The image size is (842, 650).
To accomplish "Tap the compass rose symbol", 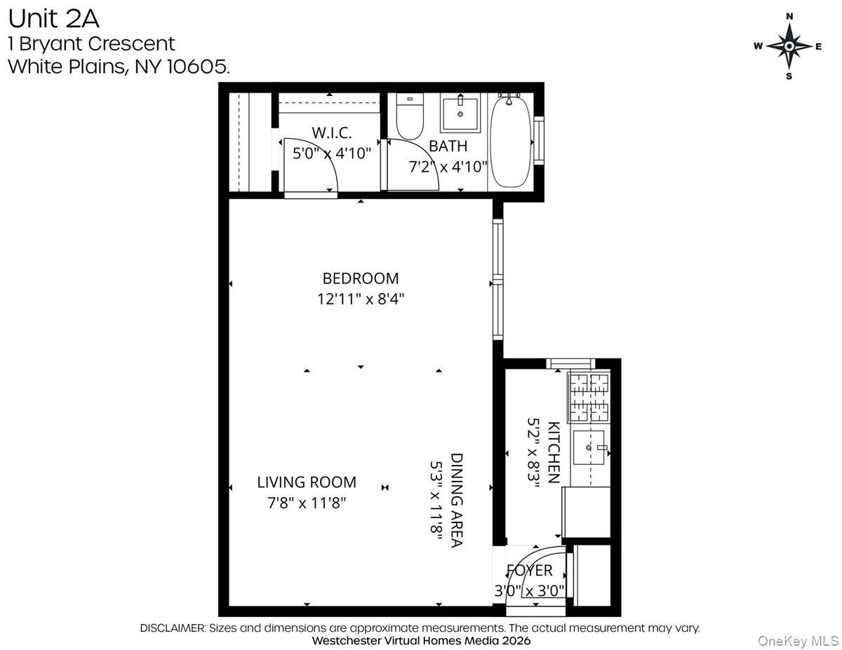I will tap(789, 46).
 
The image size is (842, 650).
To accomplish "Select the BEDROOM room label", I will tap(360, 278).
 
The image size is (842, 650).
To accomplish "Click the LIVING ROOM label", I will tap(306, 482).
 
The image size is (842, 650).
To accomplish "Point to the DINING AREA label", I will tap(457, 499).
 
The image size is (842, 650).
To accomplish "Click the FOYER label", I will tap(530, 571).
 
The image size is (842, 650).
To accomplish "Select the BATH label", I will tap(448, 147).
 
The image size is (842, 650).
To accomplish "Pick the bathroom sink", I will tap(460, 114).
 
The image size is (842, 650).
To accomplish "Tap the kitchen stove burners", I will tap(588, 397).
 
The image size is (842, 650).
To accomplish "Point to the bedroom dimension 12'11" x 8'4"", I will tap(360, 299).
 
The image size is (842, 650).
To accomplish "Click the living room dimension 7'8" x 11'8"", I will tap(306, 503).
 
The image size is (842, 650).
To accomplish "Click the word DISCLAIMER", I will tap(173, 628).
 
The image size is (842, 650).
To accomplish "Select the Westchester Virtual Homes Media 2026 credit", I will tap(421, 641).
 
